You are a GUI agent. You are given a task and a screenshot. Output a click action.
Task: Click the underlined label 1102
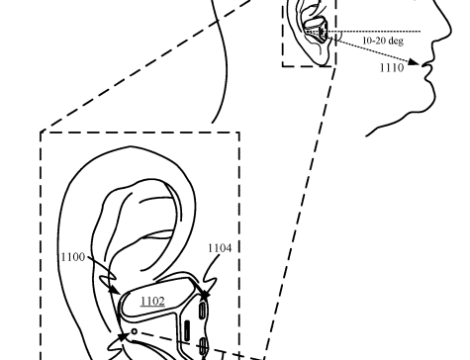point(152,301)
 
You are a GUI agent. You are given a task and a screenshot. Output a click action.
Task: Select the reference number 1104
point(220,249)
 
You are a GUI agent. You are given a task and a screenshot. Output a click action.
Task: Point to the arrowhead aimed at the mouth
point(422,62)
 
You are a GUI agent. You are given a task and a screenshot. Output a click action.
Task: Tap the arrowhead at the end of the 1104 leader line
point(206,292)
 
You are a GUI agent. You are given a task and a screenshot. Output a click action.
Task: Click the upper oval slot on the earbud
point(203,310)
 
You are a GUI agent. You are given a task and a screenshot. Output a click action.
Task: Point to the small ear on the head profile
point(305,30)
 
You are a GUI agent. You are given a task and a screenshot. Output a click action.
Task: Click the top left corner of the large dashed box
point(41,132)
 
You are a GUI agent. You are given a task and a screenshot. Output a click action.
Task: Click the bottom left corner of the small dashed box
point(284,66)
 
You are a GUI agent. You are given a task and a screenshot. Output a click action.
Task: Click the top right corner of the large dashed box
point(238,132)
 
